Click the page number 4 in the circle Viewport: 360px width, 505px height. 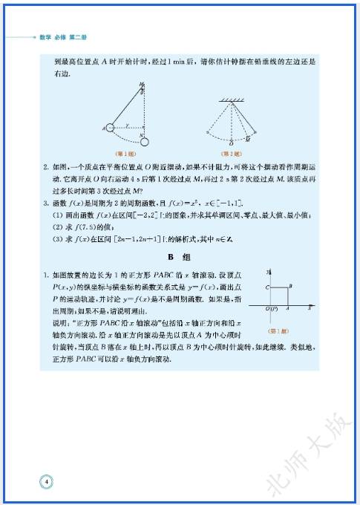[x=46, y=482]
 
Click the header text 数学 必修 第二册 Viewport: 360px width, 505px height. [x=66, y=36]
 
